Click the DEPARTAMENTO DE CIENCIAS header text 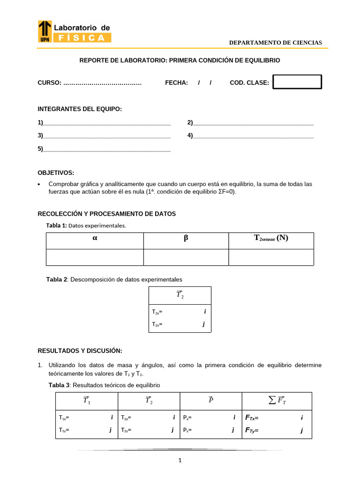(x=275, y=43)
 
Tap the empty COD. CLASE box (x=297, y=82)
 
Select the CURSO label (x=49, y=83)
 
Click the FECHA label (x=176, y=83)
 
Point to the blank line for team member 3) (x=106, y=136)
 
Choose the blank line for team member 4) (x=253, y=136)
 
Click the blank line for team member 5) (x=106, y=150)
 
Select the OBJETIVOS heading (x=56, y=173)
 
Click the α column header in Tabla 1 (x=95, y=238)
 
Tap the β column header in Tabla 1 (x=186, y=238)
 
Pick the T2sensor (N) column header (x=271, y=238)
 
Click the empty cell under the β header (x=186, y=257)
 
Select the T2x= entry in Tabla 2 (x=157, y=312)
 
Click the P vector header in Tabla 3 (x=211, y=400)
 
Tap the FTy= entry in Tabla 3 (x=252, y=430)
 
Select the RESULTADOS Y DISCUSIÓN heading (x=80, y=351)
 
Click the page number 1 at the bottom (x=180, y=461)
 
